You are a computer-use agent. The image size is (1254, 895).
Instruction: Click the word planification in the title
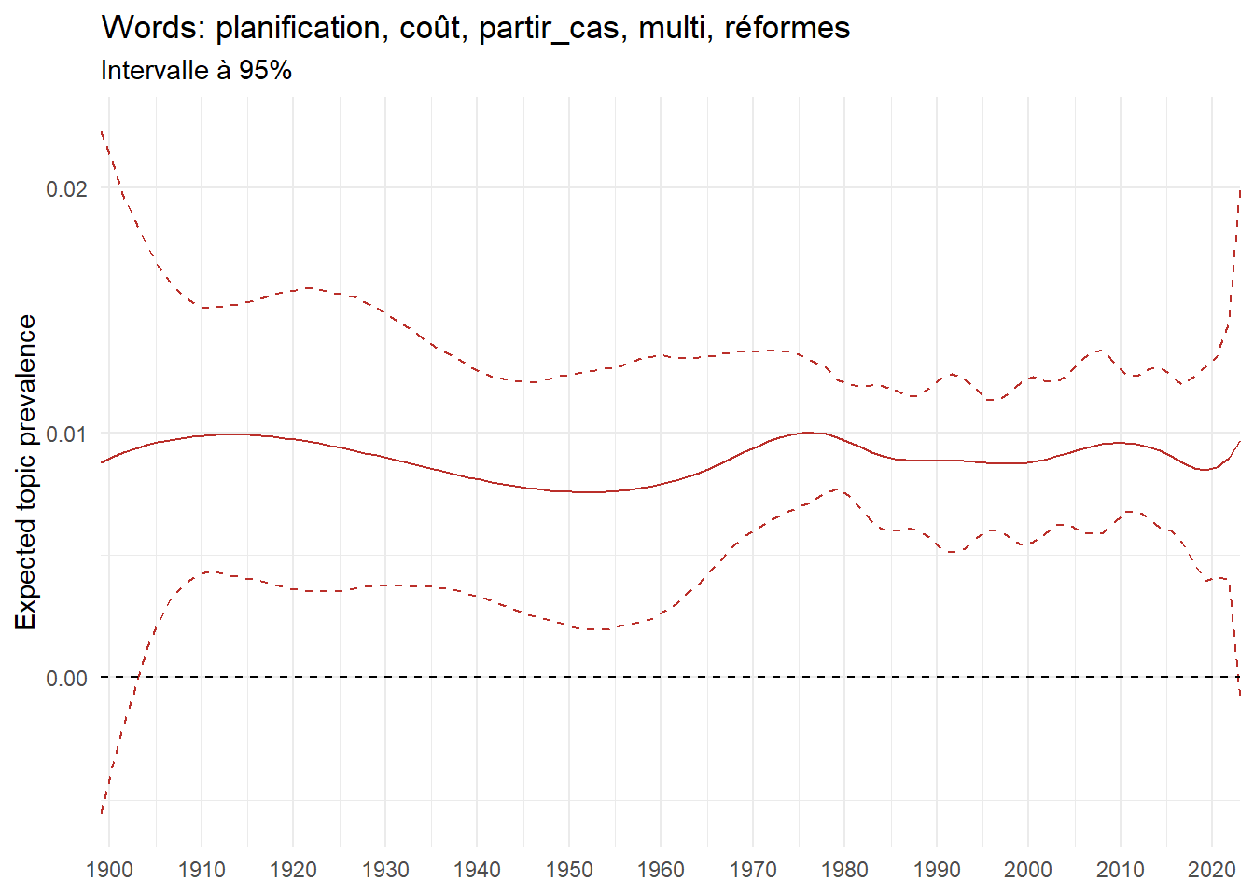pyautogui.click(x=297, y=28)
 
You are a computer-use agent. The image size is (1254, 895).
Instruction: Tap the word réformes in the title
pyautogui.click(x=787, y=28)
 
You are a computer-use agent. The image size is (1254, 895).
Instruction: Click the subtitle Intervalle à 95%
pyautogui.click(x=196, y=71)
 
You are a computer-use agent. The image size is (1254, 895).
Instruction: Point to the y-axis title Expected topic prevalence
pyautogui.click(x=26, y=472)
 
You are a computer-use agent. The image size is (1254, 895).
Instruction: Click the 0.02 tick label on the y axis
pyautogui.click(x=66, y=188)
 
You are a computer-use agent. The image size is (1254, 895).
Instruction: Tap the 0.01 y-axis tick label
pyautogui.click(x=66, y=434)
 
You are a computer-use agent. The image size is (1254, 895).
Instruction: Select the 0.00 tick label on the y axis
pyautogui.click(x=66, y=678)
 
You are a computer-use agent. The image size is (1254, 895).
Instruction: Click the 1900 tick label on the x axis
pyautogui.click(x=109, y=870)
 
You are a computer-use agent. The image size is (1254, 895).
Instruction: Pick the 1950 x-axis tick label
pyautogui.click(x=569, y=870)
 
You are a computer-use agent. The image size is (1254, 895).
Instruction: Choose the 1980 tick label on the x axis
pyautogui.click(x=844, y=870)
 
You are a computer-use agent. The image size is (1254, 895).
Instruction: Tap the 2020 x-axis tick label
pyautogui.click(x=1212, y=870)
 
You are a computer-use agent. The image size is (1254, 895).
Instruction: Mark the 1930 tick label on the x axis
pyautogui.click(x=385, y=870)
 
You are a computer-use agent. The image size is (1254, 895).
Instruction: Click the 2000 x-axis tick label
pyautogui.click(x=1028, y=870)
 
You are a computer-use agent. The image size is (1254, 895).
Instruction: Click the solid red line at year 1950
pyautogui.click(x=569, y=491)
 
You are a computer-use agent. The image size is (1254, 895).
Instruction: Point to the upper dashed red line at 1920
pyautogui.click(x=293, y=290)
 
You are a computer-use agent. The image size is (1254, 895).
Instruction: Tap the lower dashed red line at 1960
pyautogui.click(x=661, y=613)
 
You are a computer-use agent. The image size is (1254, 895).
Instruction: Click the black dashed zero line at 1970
pyautogui.click(x=753, y=678)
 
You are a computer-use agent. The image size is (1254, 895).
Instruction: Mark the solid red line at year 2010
pyautogui.click(x=1121, y=443)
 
